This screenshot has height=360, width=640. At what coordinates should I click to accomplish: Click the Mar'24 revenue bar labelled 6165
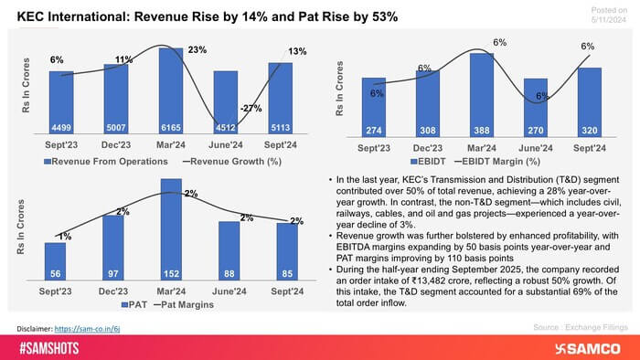tap(170, 91)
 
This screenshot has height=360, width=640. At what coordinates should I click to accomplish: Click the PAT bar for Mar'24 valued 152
tap(170, 228)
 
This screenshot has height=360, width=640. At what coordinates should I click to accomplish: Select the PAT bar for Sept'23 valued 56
tap(56, 260)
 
